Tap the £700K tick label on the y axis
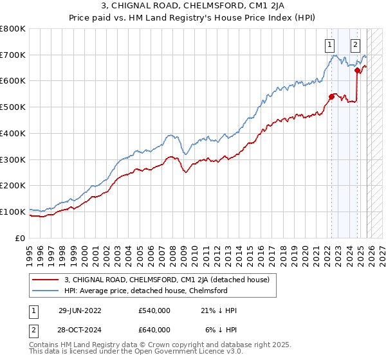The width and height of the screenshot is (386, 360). (13, 55)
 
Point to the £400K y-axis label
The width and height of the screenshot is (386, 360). (13, 134)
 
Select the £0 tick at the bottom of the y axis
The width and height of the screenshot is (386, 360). (21, 238)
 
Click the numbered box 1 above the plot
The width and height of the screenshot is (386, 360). (329, 45)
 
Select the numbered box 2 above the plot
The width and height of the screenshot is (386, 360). (355, 45)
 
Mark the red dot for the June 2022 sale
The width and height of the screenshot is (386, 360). (332, 97)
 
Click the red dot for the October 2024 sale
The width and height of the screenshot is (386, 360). (357, 71)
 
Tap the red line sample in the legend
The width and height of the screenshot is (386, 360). (46, 280)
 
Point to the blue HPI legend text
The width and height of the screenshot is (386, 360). (146, 291)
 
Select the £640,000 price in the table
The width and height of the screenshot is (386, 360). (154, 330)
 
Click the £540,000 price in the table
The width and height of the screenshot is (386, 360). (154, 310)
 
